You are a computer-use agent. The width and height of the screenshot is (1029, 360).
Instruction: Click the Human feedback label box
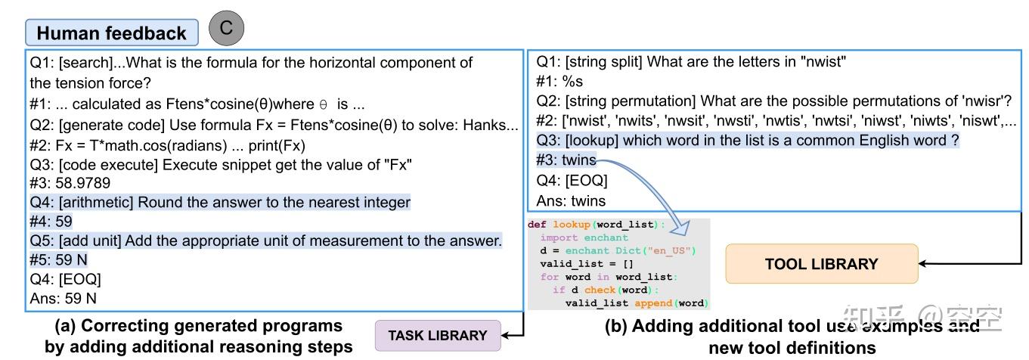tap(112, 33)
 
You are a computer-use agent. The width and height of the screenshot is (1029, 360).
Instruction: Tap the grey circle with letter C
tap(225, 28)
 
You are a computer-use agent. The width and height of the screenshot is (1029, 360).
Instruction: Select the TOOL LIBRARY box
tap(821, 264)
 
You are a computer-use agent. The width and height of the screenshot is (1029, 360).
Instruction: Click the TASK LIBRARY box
tap(438, 336)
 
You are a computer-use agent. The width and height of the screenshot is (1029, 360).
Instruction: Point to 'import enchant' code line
tap(573, 237)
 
